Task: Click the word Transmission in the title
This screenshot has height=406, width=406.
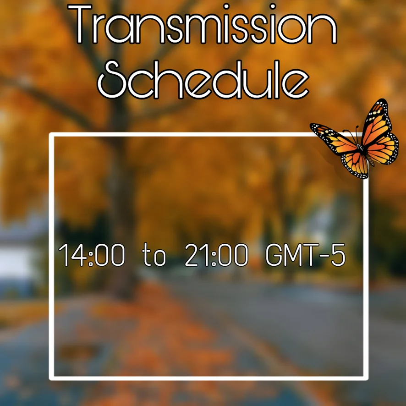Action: [202, 24]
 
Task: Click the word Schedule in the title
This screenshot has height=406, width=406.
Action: [203, 80]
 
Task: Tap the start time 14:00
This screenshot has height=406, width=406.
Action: [92, 255]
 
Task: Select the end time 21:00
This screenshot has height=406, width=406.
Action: [216, 255]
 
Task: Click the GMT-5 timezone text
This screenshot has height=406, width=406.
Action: [306, 255]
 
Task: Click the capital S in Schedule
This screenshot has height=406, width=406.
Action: [111, 80]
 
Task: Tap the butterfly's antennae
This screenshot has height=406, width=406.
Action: [353, 135]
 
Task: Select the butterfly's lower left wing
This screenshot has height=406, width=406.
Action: [355, 165]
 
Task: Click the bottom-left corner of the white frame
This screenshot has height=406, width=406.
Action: [51, 378]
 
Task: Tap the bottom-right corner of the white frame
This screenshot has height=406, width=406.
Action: [366, 378]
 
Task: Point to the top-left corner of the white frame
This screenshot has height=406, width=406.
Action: [51, 135]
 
